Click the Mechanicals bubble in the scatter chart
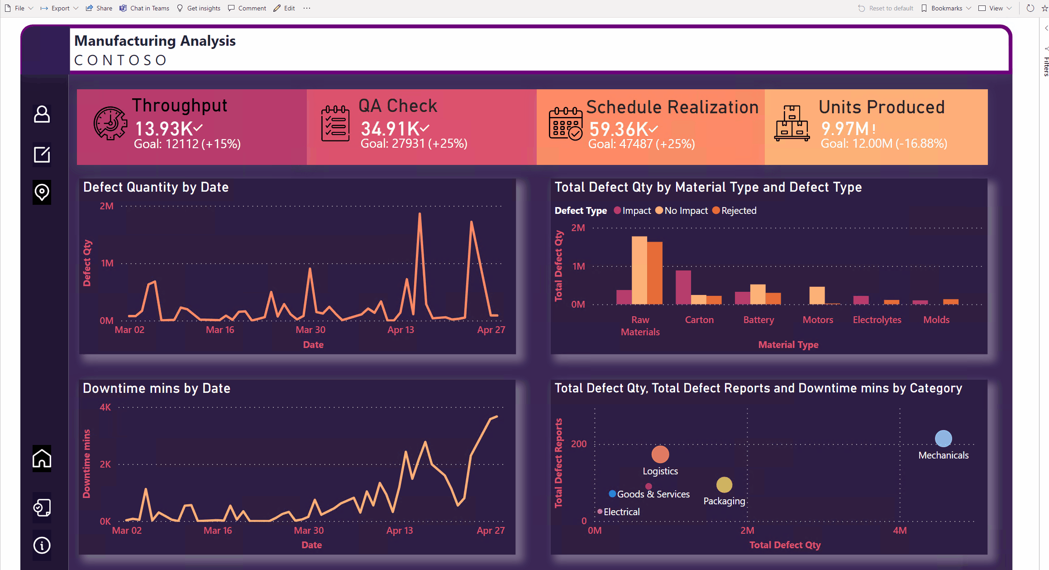(943, 439)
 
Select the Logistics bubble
(660, 454)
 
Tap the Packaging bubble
(724, 485)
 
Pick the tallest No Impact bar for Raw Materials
(639, 270)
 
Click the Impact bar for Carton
(683, 287)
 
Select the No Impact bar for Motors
(817, 295)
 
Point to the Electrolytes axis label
(877, 320)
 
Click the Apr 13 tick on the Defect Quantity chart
(401, 330)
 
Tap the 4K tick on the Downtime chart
(105, 407)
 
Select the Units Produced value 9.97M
(844, 129)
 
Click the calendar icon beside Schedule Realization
(565, 124)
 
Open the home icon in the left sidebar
(42, 459)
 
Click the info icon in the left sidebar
(42, 545)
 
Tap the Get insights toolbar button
(199, 8)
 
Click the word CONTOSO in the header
(121, 60)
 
